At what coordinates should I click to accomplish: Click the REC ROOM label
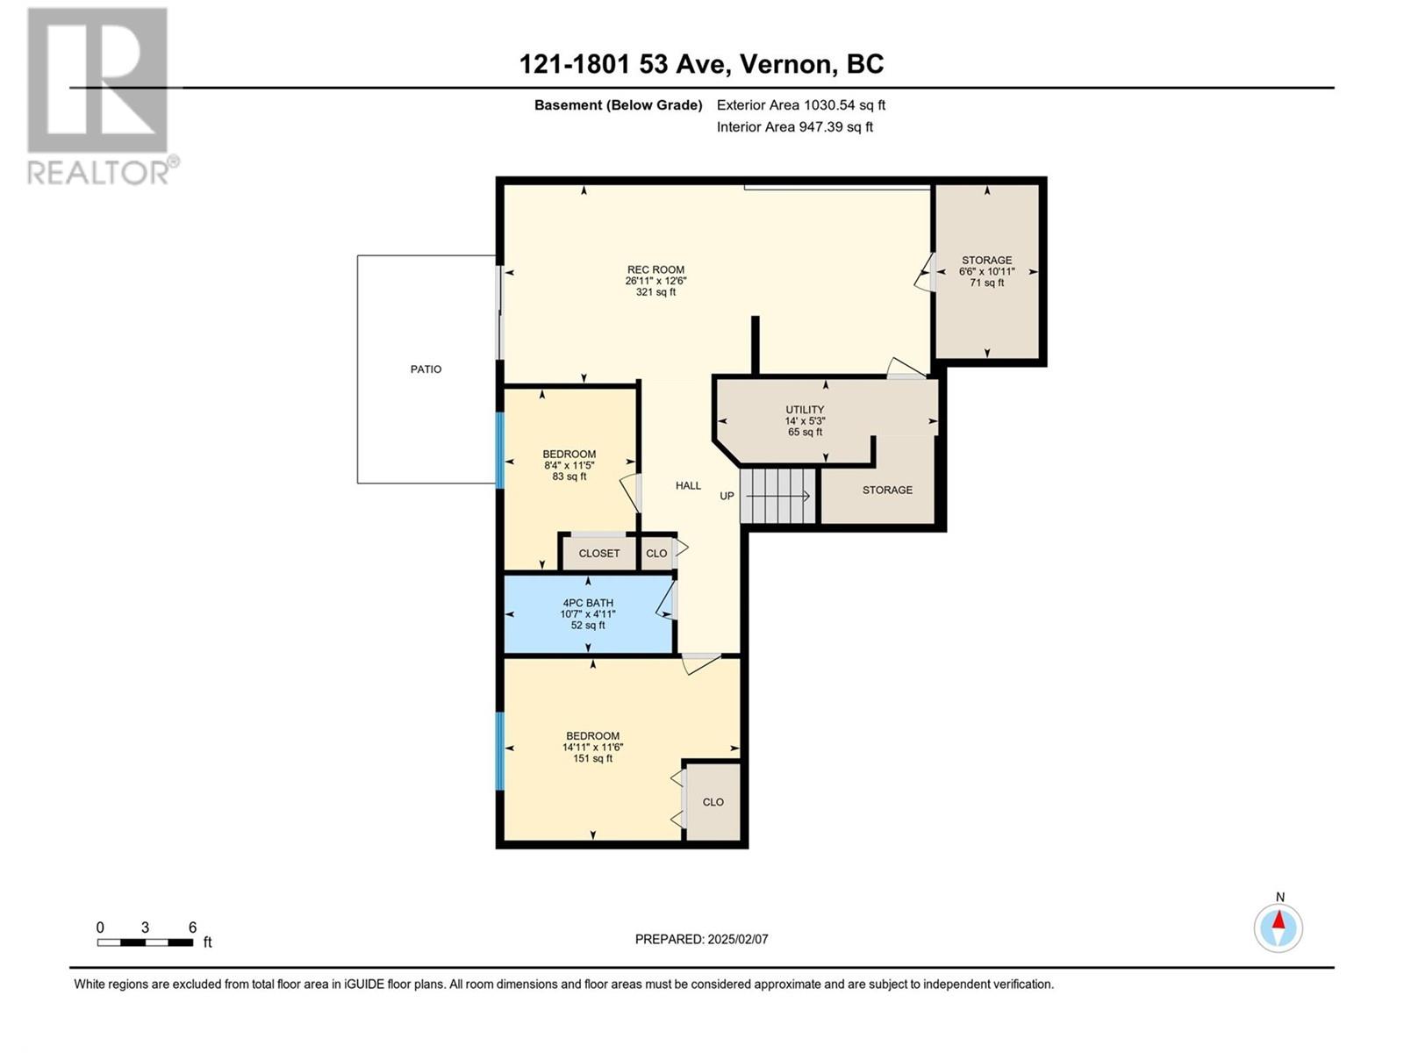[655, 269]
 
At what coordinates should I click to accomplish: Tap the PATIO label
[426, 369]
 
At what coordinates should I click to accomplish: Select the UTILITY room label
[805, 409]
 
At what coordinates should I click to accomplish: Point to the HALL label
[688, 485]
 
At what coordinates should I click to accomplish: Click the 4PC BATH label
[588, 602]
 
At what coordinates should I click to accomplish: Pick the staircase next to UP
[777, 496]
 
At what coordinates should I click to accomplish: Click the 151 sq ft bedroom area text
[592, 758]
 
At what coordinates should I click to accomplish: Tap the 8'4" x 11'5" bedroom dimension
[569, 465]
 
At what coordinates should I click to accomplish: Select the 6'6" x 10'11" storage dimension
[986, 271]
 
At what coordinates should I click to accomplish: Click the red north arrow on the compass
[1279, 920]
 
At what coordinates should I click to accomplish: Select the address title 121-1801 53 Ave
[624, 64]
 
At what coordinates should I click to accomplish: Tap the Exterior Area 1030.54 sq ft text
[801, 104]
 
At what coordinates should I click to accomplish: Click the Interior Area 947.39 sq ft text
[794, 126]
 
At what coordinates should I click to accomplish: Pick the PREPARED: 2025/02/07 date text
[702, 939]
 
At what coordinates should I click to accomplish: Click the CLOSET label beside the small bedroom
[598, 553]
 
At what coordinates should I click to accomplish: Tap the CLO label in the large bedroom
[713, 802]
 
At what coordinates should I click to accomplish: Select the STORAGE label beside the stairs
[887, 490]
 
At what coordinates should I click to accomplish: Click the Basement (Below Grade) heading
[618, 104]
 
